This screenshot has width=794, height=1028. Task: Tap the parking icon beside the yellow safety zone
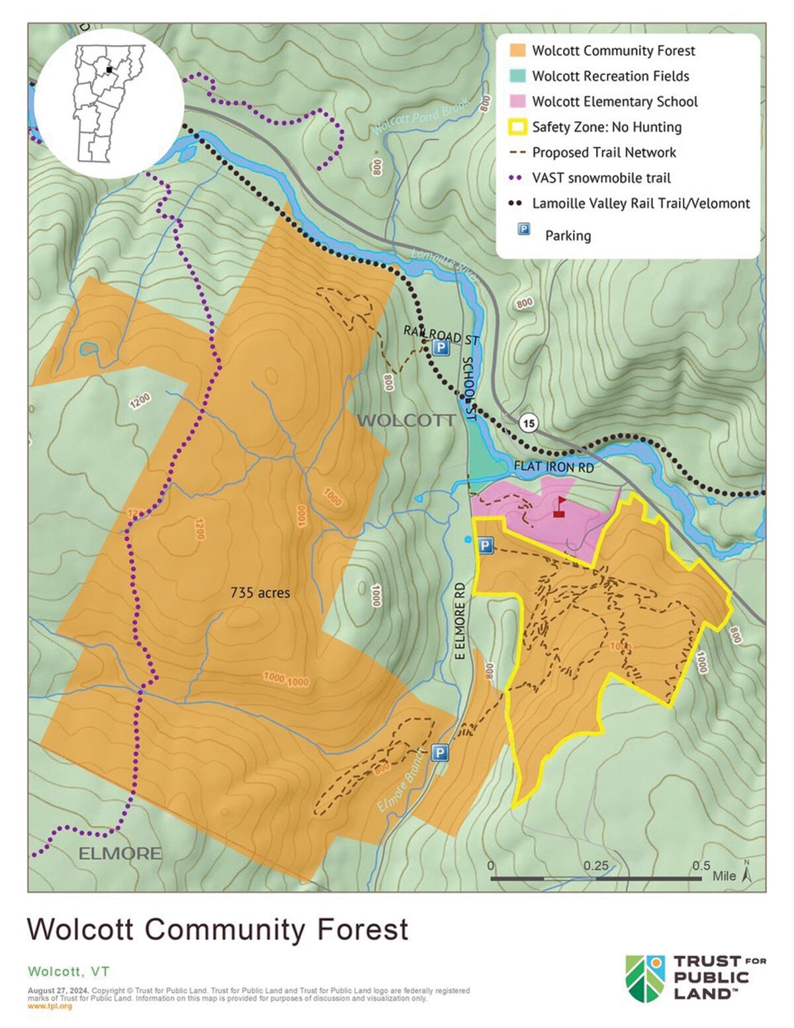pos(485,545)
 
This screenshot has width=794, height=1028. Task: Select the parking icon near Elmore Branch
pos(439,753)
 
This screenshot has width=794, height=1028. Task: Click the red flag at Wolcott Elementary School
pos(559,507)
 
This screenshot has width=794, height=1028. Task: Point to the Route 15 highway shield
pos(528,424)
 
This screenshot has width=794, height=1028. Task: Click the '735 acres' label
pos(260,592)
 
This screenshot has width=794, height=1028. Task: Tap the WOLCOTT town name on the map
pos(406,420)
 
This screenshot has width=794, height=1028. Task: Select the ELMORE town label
pos(120,853)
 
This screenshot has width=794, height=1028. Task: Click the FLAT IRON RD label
pos(553,467)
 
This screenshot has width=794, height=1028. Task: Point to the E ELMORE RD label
pos(461,621)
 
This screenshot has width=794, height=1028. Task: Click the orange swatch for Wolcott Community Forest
pos(518,50)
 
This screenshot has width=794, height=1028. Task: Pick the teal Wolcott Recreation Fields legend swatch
pos(518,75)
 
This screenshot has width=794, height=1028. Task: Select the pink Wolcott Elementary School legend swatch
pos(518,101)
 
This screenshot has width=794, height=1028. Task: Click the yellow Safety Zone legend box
pos(518,126)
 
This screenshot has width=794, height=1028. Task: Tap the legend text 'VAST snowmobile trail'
pos(601,178)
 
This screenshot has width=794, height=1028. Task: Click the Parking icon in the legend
pos(523,230)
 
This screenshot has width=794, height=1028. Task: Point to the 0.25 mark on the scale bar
pos(596,866)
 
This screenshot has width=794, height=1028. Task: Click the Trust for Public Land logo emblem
pos(646,978)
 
